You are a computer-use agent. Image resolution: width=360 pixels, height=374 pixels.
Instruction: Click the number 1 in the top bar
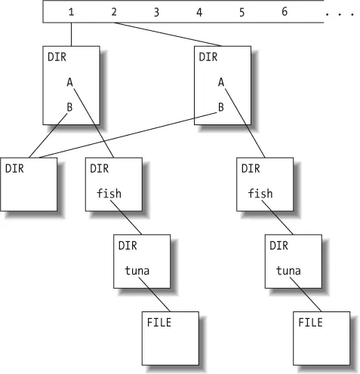coord(72,12)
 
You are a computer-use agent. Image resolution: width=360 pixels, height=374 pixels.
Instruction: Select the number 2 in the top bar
coord(114,12)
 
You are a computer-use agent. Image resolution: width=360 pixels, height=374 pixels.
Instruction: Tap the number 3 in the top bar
coord(156,12)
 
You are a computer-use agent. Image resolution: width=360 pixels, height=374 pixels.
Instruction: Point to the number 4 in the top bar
coord(199,12)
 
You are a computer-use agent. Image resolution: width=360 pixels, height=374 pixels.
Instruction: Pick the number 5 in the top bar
coord(242,12)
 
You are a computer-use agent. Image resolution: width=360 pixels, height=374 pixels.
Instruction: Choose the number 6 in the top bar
coord(285,12)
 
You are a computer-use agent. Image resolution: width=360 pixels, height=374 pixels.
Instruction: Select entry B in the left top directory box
coord(69,107)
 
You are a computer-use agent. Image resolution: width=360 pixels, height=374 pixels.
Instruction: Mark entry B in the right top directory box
coord(220,107)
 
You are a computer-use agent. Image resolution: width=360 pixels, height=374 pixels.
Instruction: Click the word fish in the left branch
coord(109,193)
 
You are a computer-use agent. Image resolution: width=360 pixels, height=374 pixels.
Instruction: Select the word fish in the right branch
coord(260,193)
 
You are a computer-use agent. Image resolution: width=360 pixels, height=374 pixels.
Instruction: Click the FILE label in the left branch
coord(159,322)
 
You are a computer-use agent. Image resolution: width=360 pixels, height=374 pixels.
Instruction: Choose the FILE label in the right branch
coord(310,322)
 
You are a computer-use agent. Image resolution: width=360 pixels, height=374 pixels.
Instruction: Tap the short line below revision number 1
coord(72,34)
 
